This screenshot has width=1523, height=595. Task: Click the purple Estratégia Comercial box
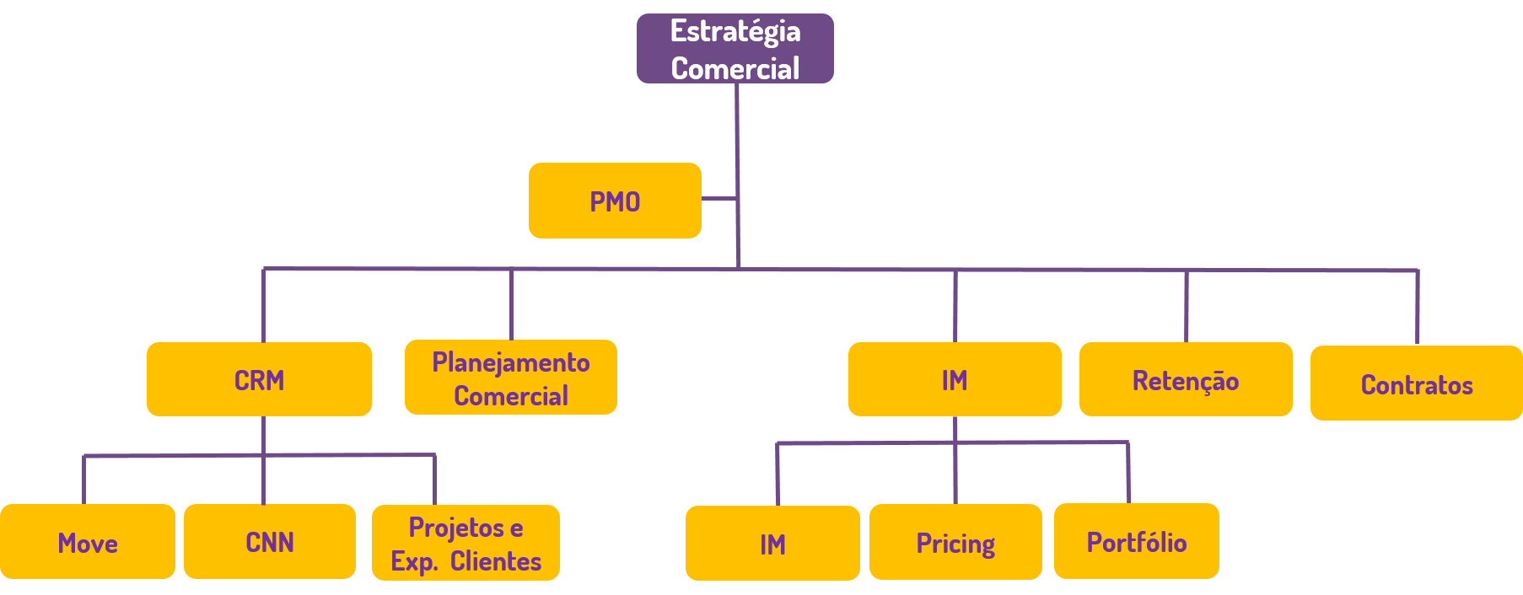tap(735, 49)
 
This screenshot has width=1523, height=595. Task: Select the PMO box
tap(615, 201)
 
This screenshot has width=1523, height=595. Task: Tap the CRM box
tap(259, 379)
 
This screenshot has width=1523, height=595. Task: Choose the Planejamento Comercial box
tap(510, 378)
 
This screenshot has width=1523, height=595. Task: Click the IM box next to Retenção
tap(955, 379)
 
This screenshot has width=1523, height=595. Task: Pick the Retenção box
tap(1186, 379)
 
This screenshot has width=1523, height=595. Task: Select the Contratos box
tap(1416, 383)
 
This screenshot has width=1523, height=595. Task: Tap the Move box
tap(88, 542)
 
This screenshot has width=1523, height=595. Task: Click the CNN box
tap(270, 542)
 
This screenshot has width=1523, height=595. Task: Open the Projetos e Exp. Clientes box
tap(466, 543)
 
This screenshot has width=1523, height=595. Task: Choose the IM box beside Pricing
tap(772, 544)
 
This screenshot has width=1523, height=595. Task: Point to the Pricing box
tap(955, 542)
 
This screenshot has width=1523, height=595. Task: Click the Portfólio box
tap(1136, 541)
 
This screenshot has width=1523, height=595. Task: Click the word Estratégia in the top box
tap(735, 31)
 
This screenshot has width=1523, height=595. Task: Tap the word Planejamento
tap(510, 362)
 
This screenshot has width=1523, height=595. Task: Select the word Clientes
tap(496, 561)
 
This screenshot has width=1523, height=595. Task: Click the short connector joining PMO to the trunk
tap(718, 199)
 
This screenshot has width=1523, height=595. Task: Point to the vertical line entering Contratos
tap(1417, 308)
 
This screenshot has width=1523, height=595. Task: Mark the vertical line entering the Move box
tap(83, 480)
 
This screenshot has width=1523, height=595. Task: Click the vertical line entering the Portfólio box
tap(1128, 473)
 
